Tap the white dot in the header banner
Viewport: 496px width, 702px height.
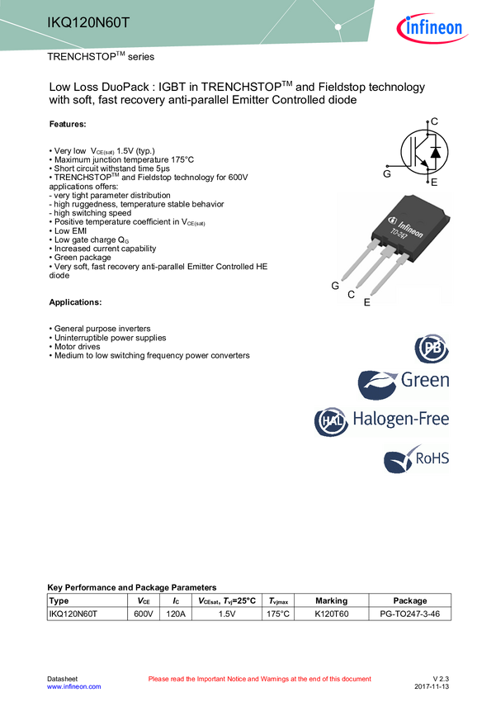(338, 27)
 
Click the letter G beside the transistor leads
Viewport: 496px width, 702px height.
(335, 286)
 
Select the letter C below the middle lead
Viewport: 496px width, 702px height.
(351, 294)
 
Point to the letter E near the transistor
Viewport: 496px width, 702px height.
(366, 302)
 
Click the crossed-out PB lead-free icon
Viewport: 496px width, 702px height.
(432, 349)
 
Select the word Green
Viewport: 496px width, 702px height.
(425, 381)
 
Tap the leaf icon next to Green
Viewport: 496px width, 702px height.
(377, 385)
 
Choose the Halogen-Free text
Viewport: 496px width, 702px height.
(401, 419)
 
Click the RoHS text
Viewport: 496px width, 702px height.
(432, 458)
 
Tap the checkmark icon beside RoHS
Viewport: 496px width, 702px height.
(399, 460)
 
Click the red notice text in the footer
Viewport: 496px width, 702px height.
(260, 679)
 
